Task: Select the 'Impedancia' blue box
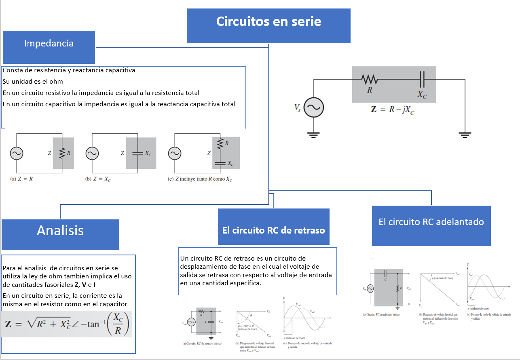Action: (x=49, y=44)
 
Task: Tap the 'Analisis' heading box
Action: (x=60, y=230)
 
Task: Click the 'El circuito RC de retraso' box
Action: (x=273, y=230)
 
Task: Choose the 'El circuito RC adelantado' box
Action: (x=431, y=222)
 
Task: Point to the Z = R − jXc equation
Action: (x=393, y=110)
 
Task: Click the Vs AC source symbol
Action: (x=313, y=107)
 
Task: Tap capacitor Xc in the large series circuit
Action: (x=422, y=80)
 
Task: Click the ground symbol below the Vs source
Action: (x=313, y=134)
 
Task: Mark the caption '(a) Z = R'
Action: (x=21, y=179)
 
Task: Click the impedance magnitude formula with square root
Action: (x=67, y=324)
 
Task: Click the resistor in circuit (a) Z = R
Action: (x=62, y=153)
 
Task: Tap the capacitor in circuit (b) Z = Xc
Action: (x=137, y=154)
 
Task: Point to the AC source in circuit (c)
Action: (x=174, y=154)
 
